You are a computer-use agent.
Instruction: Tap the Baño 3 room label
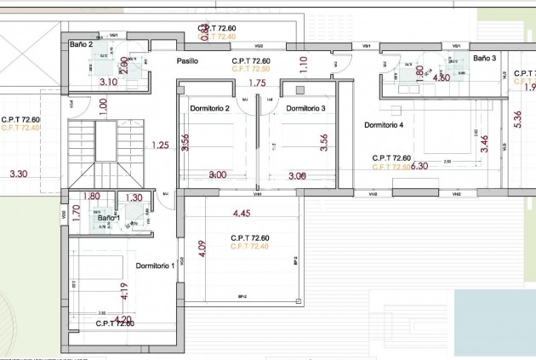coord(484,58)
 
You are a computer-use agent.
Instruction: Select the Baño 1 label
coord(109,219)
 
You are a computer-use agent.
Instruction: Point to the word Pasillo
coord(187,61)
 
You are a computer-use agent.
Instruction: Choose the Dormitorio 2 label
coord(210,108)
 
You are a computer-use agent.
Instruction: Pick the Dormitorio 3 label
coord(305,108)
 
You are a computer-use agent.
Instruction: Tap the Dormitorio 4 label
coord(384,125)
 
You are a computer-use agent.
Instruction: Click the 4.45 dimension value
coord(242,213)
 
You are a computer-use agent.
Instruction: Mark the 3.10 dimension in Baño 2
coord(108,83)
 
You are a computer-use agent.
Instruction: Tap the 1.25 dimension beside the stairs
coord(160,145)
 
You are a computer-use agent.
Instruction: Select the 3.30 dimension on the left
coord(19,174)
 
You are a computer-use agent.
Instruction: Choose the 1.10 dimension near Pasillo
coord(304,61)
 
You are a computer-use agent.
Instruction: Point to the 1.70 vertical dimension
coord(76,213)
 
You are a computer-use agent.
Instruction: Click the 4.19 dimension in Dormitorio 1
coord(124,292)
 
